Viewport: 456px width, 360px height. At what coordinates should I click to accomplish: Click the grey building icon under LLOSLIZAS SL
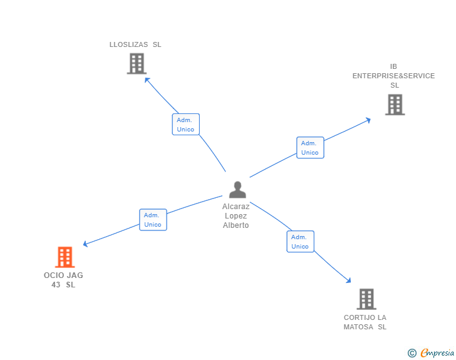[136, 63]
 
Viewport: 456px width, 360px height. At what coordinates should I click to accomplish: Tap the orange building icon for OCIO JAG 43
[65, 257]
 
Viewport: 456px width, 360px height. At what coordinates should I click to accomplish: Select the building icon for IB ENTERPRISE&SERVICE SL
[394, 105]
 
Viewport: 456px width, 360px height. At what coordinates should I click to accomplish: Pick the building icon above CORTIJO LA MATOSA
[366, 299]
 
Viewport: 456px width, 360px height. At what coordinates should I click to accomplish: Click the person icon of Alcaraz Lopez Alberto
[237, 189]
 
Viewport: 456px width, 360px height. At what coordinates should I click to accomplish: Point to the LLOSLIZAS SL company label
[135, 44]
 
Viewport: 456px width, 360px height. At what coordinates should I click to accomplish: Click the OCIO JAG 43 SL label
[63, 280]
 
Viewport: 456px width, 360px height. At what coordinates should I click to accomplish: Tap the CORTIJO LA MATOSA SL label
[365, 322]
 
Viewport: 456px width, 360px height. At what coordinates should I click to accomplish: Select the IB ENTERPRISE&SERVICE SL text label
[393, 76]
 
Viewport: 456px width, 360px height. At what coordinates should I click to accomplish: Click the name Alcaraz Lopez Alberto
[236, 215]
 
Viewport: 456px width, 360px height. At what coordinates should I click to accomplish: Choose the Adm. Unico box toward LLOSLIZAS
[185, 125]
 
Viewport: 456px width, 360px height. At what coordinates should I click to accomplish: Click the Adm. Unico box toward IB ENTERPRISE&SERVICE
[309, 148]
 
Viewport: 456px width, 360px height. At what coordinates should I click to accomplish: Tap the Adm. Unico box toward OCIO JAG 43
[153, 220]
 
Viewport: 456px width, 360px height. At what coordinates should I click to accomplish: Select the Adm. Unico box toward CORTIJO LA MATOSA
[300, 242]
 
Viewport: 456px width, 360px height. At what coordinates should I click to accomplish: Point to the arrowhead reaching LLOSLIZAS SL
[147, 80]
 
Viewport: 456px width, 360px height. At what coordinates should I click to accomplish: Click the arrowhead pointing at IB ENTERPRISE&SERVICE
[368, 120]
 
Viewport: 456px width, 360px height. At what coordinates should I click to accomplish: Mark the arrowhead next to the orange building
[86, 244]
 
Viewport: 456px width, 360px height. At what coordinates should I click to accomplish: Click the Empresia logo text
[437, 353]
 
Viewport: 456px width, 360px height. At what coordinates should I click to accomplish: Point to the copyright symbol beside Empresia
[412, 353]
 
